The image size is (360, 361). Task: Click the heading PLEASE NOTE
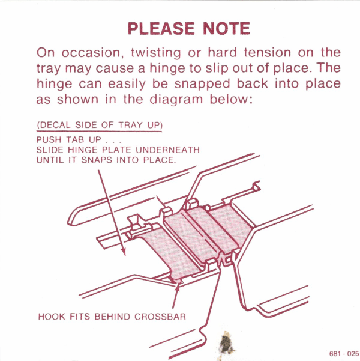click(x=189, y=28)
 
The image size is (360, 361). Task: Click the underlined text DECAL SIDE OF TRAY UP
click(x=100, y=125)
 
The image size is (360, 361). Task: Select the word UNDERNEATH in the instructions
click(x=170, y=149)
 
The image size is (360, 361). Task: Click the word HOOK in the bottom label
click(x=50, y=316)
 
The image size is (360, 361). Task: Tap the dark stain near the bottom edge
click(x=226, y=344)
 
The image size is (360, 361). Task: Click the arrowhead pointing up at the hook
click(x=176, y=285)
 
